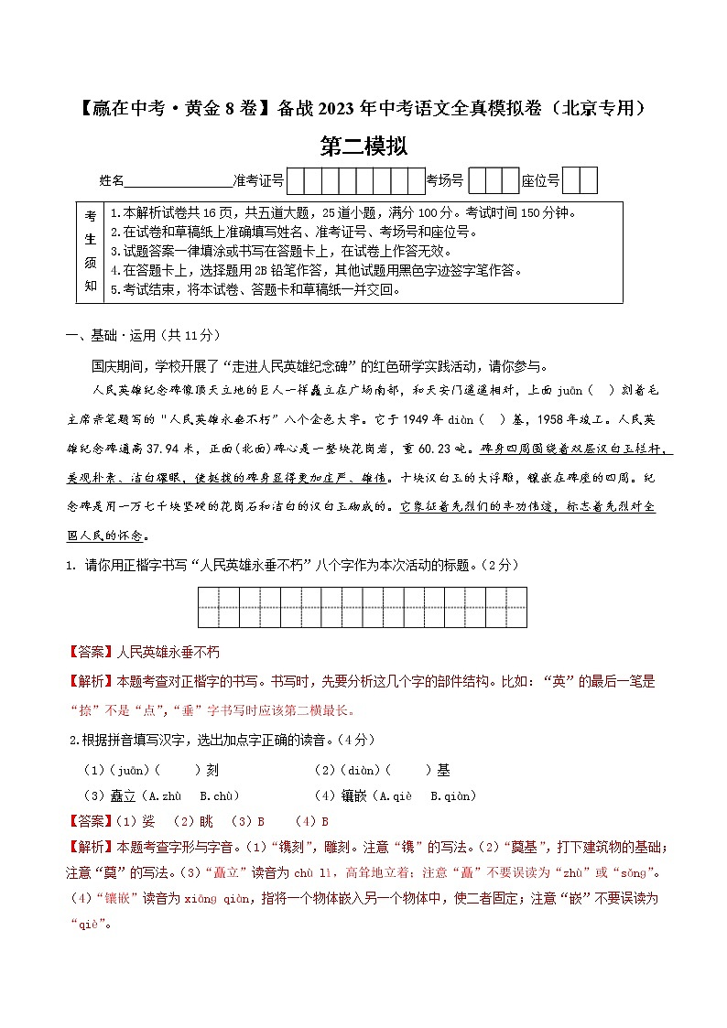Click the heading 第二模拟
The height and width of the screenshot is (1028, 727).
[363, 146]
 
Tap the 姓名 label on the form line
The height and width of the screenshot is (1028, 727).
[111, 181]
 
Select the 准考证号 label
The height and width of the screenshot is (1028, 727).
[259, 181]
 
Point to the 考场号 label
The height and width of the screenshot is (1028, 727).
[446, 181]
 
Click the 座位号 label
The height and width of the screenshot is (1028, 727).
[540, 181]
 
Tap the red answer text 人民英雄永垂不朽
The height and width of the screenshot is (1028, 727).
[168, 652]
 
